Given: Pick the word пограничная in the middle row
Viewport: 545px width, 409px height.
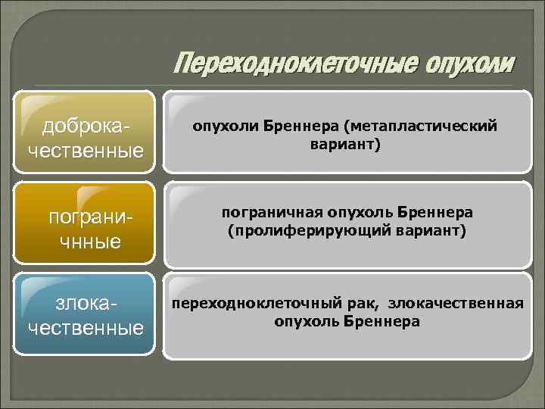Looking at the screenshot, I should pyautogui.click(x=268, y=214).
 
